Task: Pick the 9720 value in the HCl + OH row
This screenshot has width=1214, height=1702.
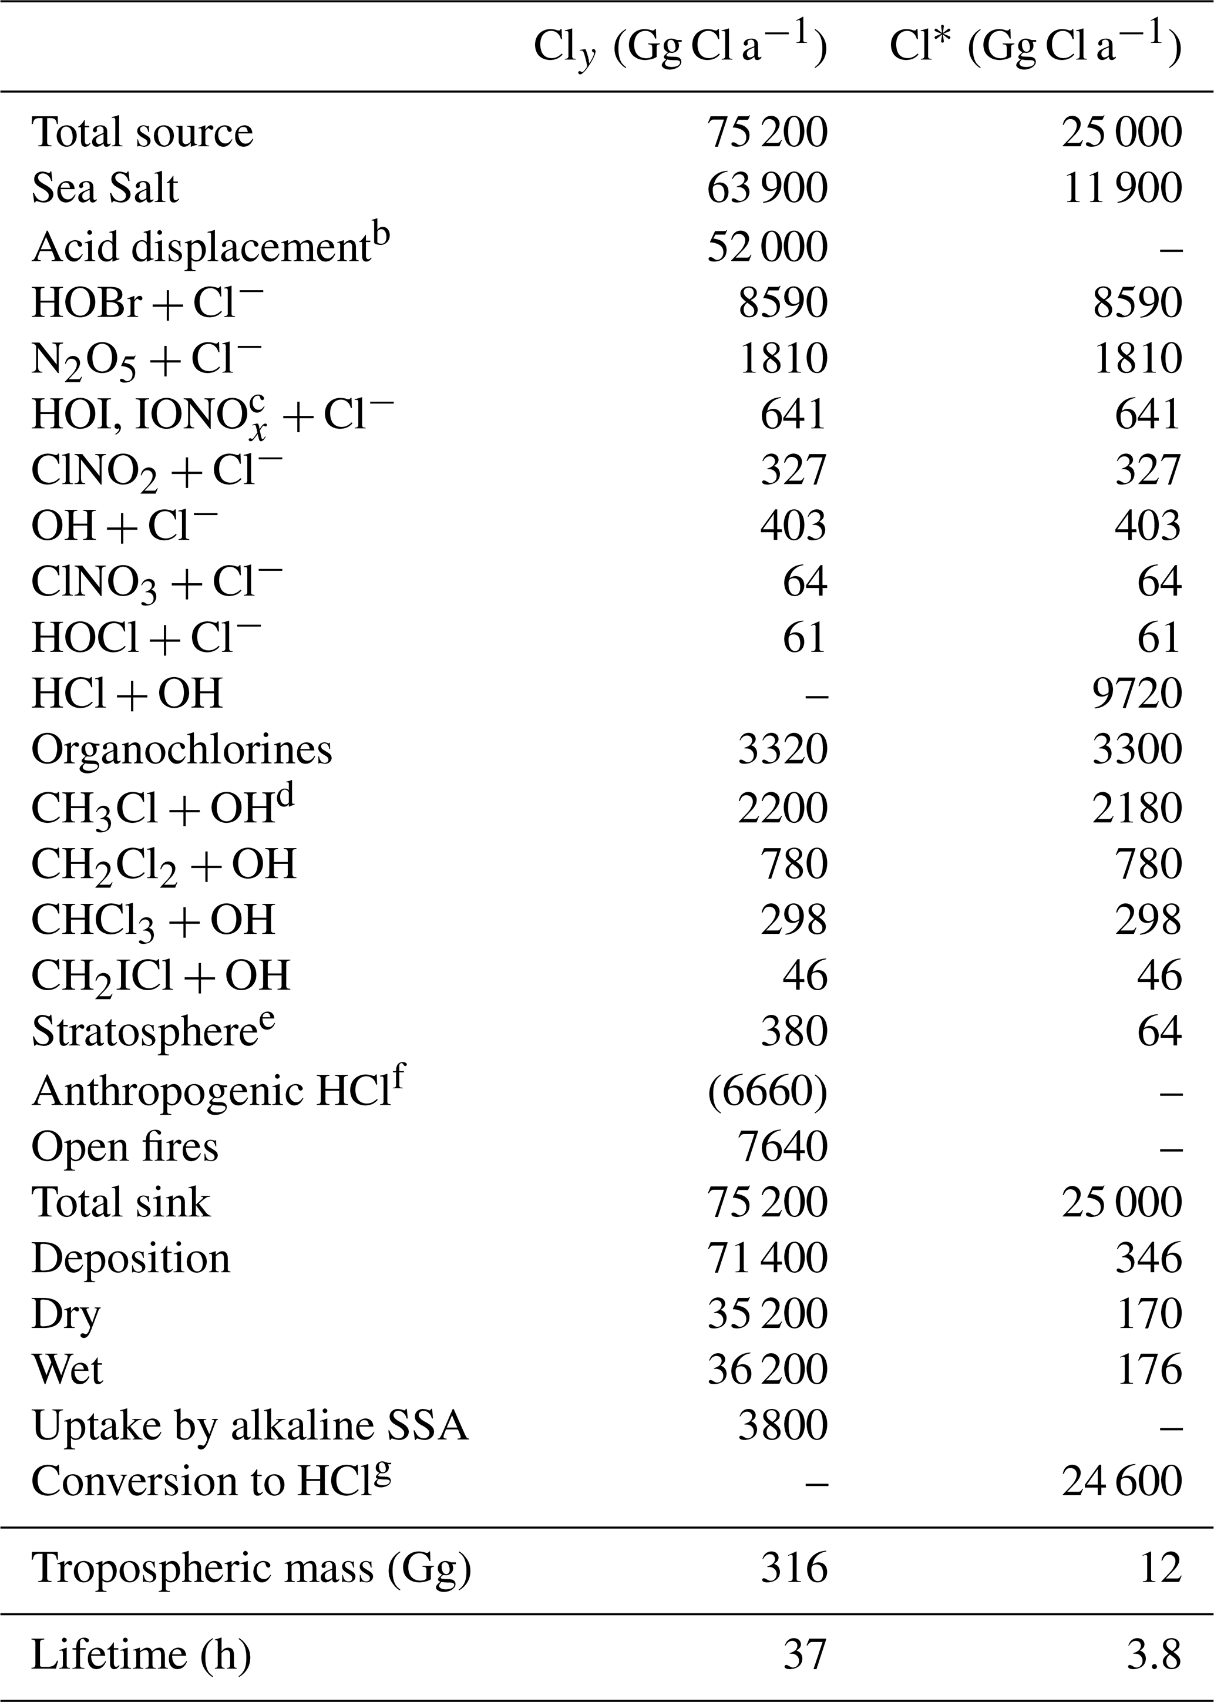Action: (x=1137, y=693)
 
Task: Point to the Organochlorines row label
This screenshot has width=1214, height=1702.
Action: (x=181, y=750)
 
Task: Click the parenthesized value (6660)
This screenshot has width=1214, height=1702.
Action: (x=767, y=1091)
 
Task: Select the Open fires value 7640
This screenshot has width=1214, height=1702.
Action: (x=783, y=1146)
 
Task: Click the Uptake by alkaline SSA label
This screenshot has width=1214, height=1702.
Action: (x=250, y=1425)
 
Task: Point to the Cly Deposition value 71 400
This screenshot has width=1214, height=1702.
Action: (x=767, y=1258)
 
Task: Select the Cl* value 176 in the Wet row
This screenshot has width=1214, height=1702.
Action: (x=1149, y=1370)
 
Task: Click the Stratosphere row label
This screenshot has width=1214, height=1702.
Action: (x=153, y=1031)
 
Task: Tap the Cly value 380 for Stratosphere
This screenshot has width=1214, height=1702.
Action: (x=794, y=1031)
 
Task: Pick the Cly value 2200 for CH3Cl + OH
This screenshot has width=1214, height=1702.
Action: (x=783, y=808)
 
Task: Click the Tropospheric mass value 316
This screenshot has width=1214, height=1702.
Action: (x=794, y=1568)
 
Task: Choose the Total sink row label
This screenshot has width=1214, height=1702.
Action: (x=120, y=1203)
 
